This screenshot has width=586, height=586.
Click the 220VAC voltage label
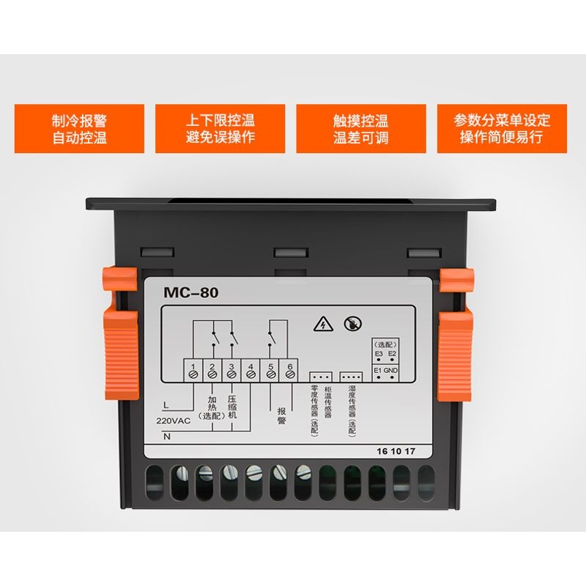click(173, 420)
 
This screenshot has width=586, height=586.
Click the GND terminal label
click(391, 371)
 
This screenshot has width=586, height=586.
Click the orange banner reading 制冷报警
click(79, 128)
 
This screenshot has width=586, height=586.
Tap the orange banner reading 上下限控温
click(220, 128)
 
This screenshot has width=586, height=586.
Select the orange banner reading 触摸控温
click(360, 128)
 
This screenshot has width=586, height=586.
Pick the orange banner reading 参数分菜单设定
click(502, 128)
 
